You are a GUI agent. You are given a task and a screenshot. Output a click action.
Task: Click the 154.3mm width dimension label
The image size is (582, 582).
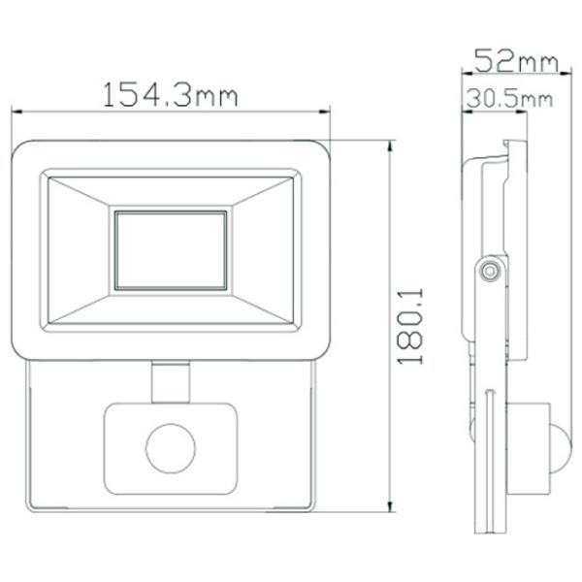(170, 95)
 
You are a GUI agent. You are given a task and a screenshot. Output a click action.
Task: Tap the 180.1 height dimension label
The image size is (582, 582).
(410, 326)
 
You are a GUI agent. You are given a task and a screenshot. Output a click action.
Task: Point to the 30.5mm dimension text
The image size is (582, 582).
(509, 99)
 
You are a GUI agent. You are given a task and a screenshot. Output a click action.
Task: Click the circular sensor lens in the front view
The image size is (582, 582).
(171, 448)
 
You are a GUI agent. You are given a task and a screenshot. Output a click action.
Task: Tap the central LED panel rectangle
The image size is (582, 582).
(171, 250)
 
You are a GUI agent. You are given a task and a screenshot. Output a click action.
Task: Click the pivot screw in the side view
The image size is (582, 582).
(490, 271)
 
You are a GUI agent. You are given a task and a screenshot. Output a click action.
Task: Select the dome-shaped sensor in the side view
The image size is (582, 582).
(560, 448)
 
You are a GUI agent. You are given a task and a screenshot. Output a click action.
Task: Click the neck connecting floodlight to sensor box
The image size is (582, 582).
(171, 382)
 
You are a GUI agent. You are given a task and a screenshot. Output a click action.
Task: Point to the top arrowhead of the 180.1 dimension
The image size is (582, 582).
(390, 146)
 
